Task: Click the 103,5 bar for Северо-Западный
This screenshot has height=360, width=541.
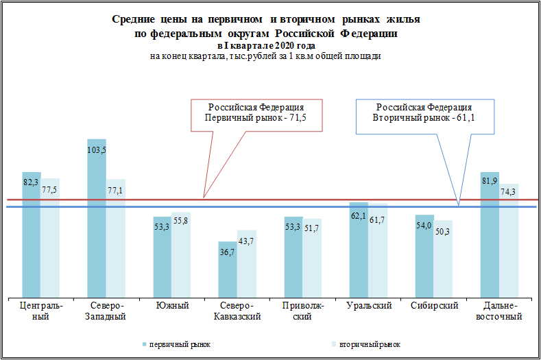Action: (97, 219)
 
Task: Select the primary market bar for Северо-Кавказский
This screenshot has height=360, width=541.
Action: (228, 269)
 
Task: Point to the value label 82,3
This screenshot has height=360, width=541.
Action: (32, 182)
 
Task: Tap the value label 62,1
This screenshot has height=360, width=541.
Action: (359, 217)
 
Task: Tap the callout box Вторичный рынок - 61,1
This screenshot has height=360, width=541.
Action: (424, 113)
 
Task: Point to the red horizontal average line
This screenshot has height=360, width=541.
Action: (103, 200)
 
